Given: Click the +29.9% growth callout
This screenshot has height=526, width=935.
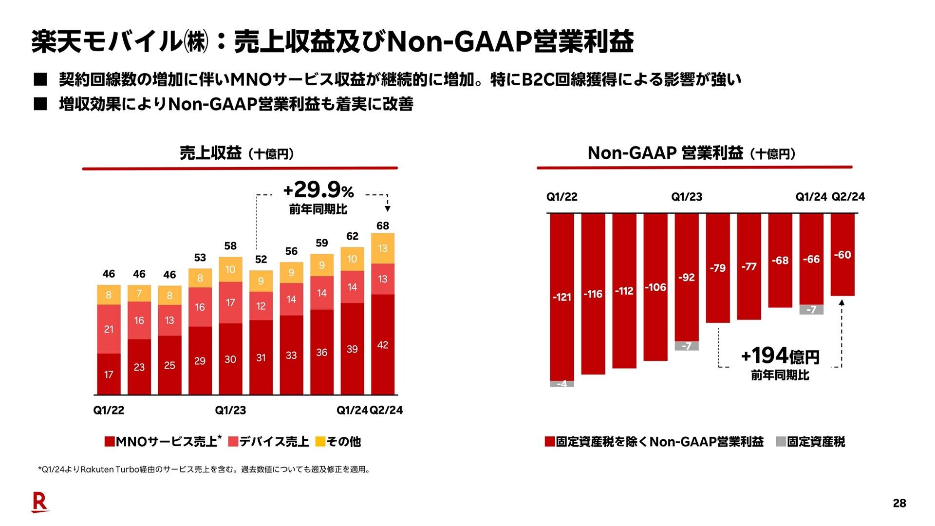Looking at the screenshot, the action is [318, 189].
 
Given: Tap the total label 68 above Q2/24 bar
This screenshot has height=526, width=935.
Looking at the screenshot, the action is [383, 225].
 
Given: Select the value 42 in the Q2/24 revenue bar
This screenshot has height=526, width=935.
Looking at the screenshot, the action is [383, 345].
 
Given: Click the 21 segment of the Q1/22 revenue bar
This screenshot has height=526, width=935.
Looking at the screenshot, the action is [109, 329].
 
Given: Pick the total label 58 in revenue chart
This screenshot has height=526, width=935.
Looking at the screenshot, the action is [230, 246].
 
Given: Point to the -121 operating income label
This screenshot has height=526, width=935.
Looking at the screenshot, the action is [562, 297].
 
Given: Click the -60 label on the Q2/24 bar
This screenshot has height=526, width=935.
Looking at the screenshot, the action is [842, 255].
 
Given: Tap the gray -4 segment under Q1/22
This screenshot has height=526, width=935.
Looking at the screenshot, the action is [562, 384].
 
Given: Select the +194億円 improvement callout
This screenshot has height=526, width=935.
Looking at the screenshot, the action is [780, 356].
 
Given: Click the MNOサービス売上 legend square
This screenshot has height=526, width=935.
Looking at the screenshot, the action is [110, 442].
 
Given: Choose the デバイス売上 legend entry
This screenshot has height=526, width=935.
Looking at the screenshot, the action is [268, 442].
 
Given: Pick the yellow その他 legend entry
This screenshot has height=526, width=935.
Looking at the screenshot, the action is [338, 442].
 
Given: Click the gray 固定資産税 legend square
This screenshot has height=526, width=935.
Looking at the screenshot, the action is [781, 442].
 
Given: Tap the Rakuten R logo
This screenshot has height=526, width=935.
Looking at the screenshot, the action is [40, 503].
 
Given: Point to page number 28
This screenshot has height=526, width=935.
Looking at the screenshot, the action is [899, 503].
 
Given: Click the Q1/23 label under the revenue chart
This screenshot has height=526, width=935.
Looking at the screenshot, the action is [230, 410].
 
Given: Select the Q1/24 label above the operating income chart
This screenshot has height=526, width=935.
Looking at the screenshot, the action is [811, 197].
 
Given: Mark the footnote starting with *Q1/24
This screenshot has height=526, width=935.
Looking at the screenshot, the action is [204, 470].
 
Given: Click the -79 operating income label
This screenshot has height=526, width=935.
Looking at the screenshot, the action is [718, 268].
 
